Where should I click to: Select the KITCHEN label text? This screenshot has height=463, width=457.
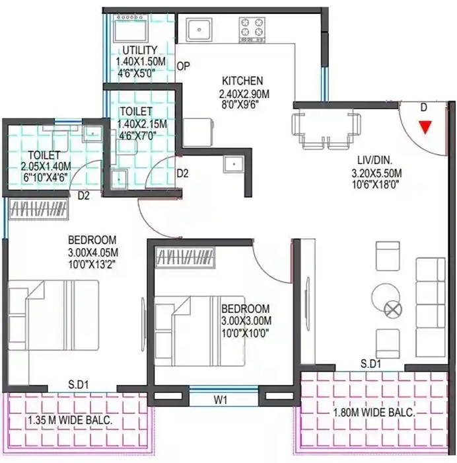tap(242, 81)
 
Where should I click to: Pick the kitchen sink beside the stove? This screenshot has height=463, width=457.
tap(198, 28)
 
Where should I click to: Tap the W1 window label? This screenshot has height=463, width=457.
tap(221, 400)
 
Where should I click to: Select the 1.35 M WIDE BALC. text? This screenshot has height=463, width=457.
tap(69, 420)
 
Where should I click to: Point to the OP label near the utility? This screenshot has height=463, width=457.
tap(184, 65)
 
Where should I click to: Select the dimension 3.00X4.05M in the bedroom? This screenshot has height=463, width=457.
tap(92, 252)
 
